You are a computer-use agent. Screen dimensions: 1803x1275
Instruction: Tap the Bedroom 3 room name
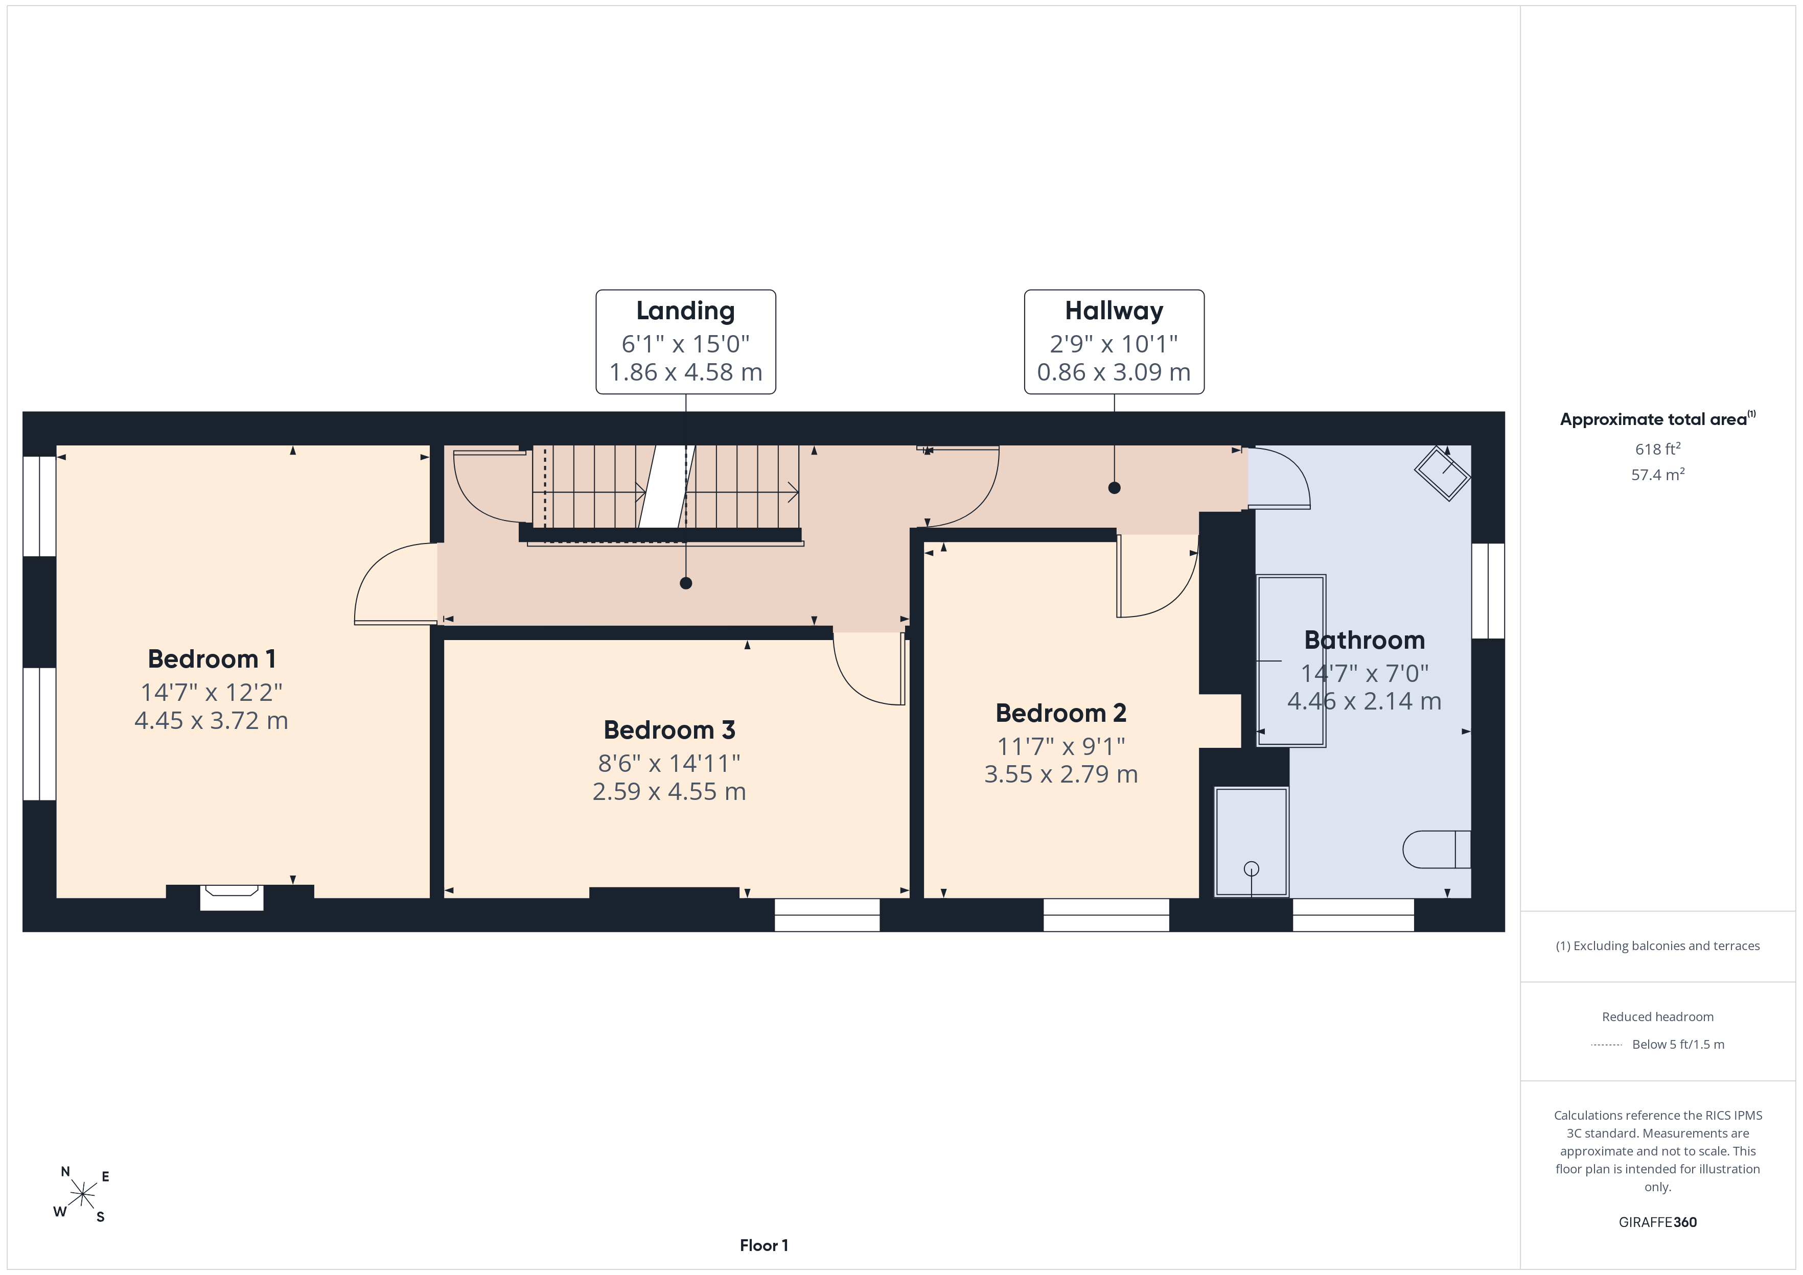(x=669, y=730)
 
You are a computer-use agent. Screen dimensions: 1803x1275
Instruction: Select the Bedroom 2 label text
(x=1061, y=713)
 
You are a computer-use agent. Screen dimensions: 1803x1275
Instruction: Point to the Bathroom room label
(x=1364, y=640)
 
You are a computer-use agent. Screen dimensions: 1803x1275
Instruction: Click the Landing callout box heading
(x=685, y=311)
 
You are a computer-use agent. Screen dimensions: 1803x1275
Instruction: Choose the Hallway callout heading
(x=1114, y=311)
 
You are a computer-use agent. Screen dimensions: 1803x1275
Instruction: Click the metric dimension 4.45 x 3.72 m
(x=211, y=721)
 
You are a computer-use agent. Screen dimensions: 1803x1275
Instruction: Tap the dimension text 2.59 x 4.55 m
(x=669, y=791)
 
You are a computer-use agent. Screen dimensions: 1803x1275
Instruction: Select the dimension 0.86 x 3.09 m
(x=1114, y=372)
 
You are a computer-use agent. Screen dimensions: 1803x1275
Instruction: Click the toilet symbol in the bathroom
(x=1436, y=849)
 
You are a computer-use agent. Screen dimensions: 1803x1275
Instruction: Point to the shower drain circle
(x=1252, y=868)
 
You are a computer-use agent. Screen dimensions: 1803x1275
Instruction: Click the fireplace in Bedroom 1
(x=232, y=896)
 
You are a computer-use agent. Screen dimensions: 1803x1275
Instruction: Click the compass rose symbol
(x=82, y=1195)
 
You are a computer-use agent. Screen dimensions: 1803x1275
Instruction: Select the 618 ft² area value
(x=1658, y=448)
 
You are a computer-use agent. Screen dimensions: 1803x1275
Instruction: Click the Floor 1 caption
(x=764, y=1245)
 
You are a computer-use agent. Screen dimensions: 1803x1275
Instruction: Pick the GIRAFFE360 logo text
(x=1658, y=1222)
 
